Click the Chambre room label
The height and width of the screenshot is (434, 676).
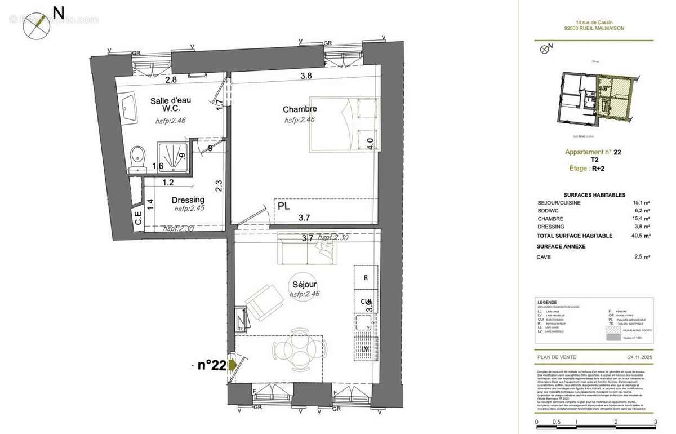click(x=299, y=109)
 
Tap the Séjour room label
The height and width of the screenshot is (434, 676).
click(x=304, y=284)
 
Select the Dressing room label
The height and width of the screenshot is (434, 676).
click(x=188, y=200)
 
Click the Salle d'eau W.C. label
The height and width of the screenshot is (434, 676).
click(x=170, y=105)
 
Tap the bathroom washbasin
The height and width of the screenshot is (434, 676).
click(x=128, y=108)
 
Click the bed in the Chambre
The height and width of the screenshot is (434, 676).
click(x=344, y=125)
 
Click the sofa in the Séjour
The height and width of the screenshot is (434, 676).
click(x=305, y=251)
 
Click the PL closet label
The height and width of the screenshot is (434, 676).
click(x=284, y=206)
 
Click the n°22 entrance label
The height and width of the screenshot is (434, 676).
click(x=211, y=365)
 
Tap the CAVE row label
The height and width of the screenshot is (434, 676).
click(x=544, y=257)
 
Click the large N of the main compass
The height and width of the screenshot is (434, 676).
click(x=57, y=11)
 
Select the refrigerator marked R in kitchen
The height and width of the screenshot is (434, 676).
click(x=366, y=277)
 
